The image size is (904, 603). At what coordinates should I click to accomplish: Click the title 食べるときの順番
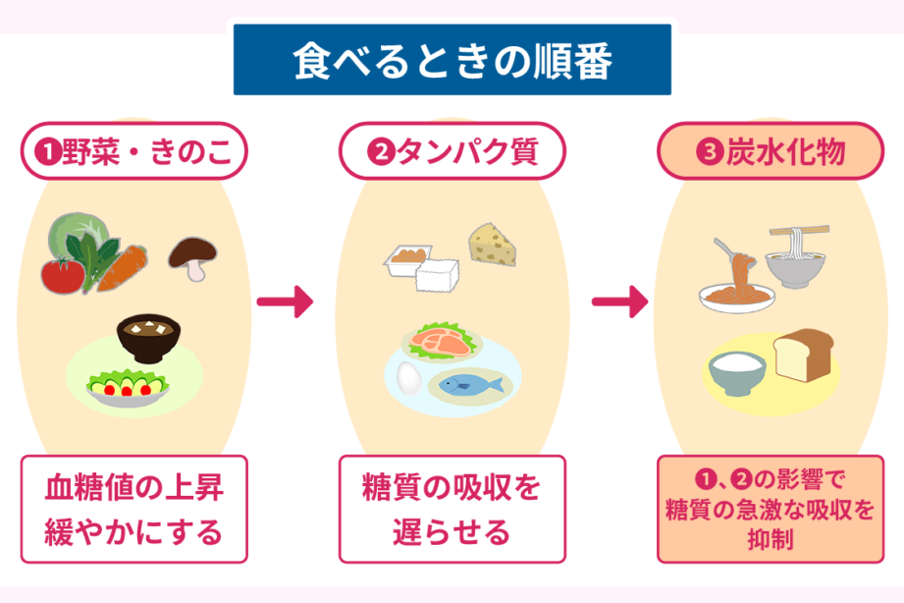point(452,61)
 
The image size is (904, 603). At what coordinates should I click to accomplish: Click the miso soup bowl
point(146,339)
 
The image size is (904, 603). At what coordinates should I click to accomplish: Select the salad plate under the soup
point(129,386)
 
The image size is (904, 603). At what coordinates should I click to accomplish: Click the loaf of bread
point(803,354)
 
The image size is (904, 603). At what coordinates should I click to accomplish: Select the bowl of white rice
point(737,371)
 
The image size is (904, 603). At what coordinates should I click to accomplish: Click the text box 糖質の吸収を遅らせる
point(452,508)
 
